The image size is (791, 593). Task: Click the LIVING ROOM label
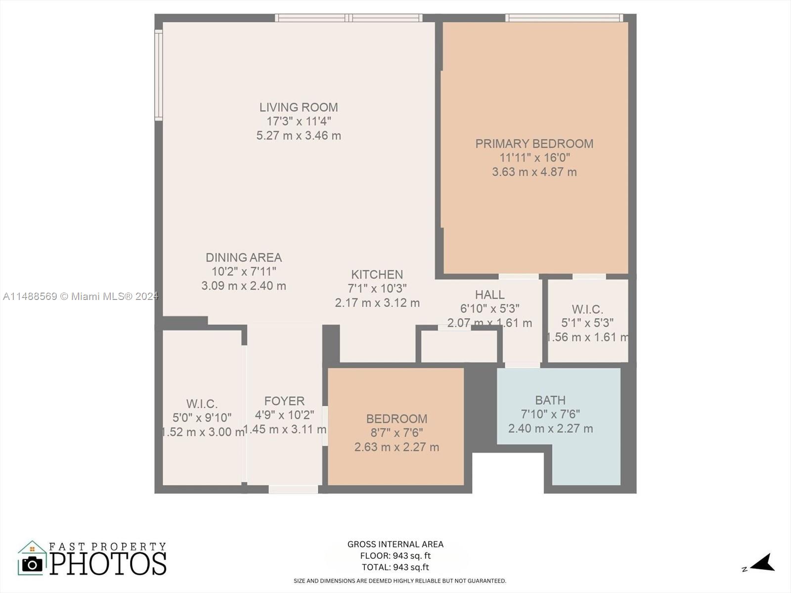pyautogui.click(x=299, y=107)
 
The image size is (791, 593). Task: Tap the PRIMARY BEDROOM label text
pyautogui.click(x=534, y=144)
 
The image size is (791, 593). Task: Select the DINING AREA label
pyautogui.click(x=244, y=257)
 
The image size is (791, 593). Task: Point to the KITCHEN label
pyautogui.click(x=377, y=275)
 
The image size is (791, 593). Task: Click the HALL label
pyautogui.click(x=490, y=295)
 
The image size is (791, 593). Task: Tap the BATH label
pyautogui.click(x=550, y=400)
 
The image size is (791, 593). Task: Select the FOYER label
pyautogui.click(x=285, y=401)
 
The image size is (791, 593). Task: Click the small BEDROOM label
pyautogui.click(x=397, y=419)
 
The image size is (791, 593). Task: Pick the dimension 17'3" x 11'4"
pyautogui.click(x=299, y=122)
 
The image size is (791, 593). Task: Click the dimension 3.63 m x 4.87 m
pyautogui.click(x=534, y=172)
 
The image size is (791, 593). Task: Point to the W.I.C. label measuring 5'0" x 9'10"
pyautogui.click(x=202, y=404)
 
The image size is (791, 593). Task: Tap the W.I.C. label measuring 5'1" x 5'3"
pyautogui.click(x=587, y=309)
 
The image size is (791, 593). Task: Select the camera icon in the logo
pyautogui.click(x=32, y=564)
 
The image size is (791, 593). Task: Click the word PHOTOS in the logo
pyautogui.click(x=108, y=564)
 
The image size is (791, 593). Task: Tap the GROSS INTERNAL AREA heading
pyautogui.click(x=395, y=544)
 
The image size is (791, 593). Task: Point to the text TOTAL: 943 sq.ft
pyautogui.click(x=395, y=567)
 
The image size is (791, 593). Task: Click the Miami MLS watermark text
pyautogui.click(x=81, y=296)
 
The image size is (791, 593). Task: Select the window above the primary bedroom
pyautogui.click(x=564, y=18)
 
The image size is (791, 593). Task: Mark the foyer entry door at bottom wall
pyautogui.click(x=293, y=489)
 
